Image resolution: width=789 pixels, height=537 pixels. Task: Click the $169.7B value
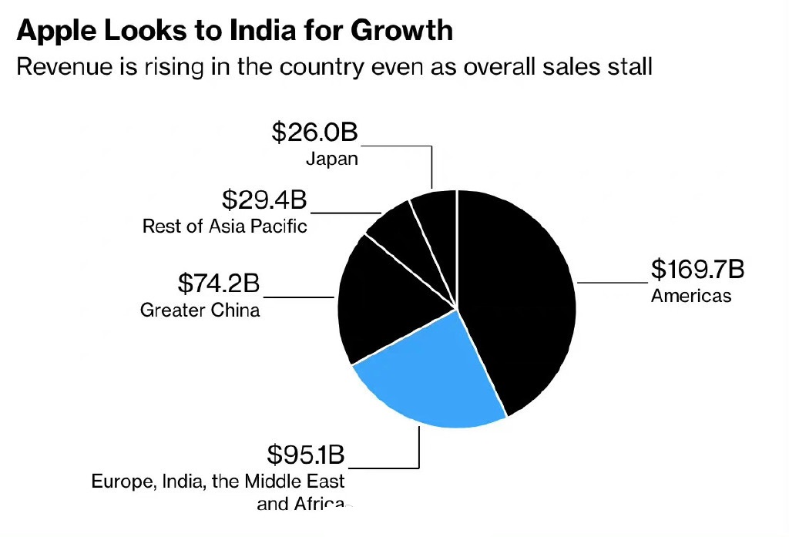pyautogui.click(x=697, y=270)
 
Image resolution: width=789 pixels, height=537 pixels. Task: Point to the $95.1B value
pyautogui.click(x=306, y=455)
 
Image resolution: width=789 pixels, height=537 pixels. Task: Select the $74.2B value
pyautogui.click(x=218, y=284)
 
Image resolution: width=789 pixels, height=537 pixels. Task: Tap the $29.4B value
pyautogui.click(x=264, y=200)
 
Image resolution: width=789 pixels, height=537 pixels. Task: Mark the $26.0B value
pyautogui.click(x=315, y=133)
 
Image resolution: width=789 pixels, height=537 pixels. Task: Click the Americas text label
pyautogui.click(x=691, y=295)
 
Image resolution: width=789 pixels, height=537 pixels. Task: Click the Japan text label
pyautogui.click(x=332, y=159)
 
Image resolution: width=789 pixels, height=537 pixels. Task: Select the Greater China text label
pyautogui.click(x=200, y=310)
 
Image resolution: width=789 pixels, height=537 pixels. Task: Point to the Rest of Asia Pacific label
pyautogui.click(x=225, y=226)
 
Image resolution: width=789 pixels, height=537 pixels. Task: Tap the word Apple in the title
pyautogui.click(x=53, y=31)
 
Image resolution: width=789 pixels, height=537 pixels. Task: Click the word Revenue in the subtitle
pyautogui.click(x=62, y=66)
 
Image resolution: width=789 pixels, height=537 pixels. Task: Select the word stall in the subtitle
pyautogui.click(x=627, y=66)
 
